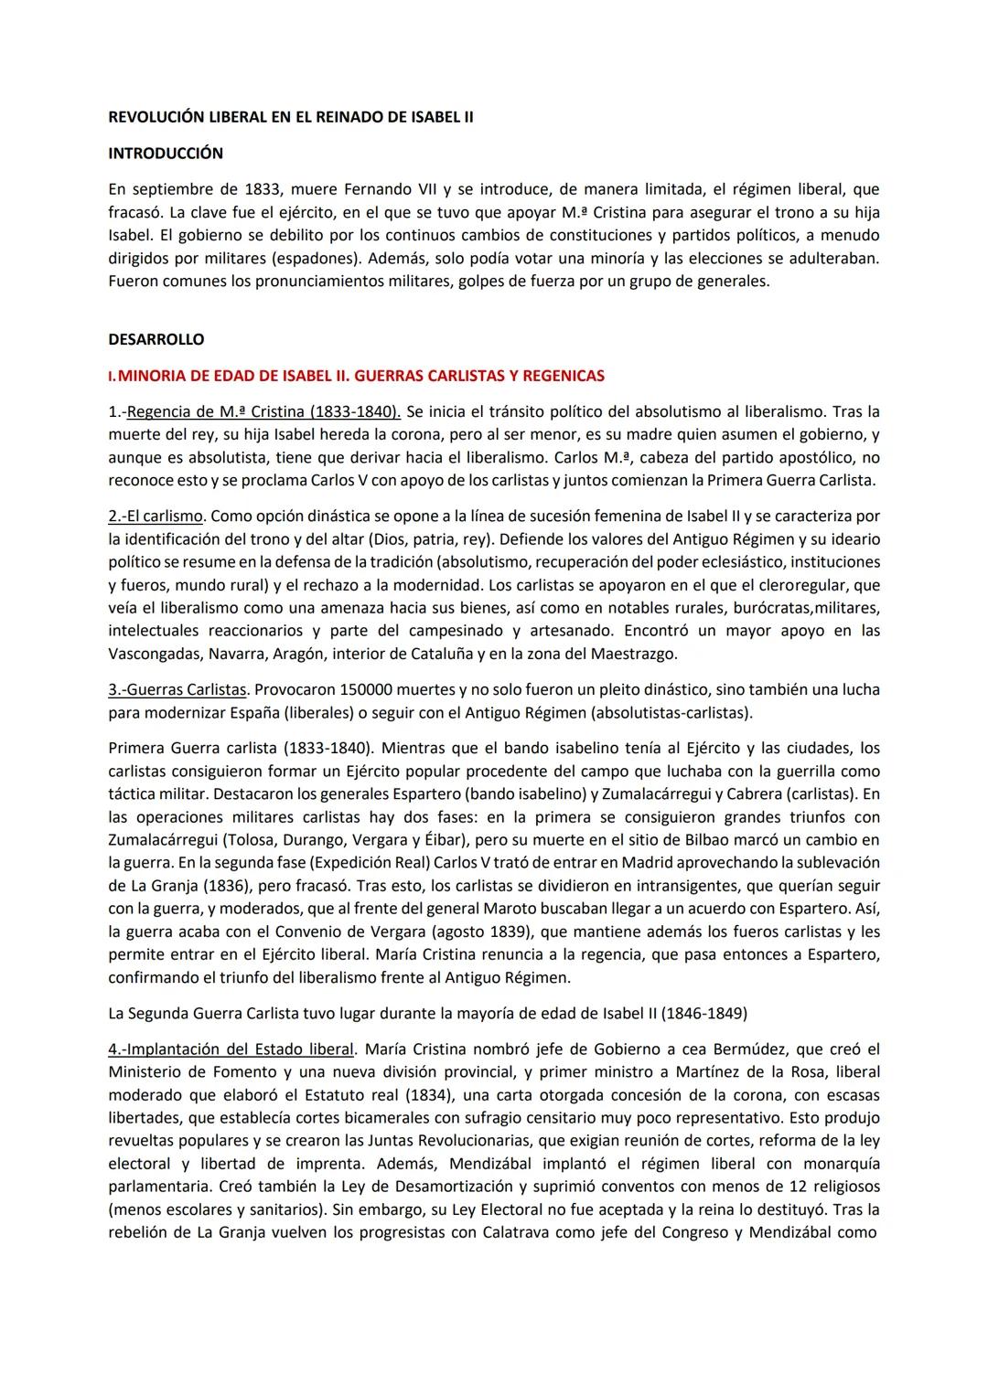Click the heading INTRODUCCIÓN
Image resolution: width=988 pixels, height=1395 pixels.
(x=165, y=154)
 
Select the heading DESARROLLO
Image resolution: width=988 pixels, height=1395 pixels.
(x=156, y=339)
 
